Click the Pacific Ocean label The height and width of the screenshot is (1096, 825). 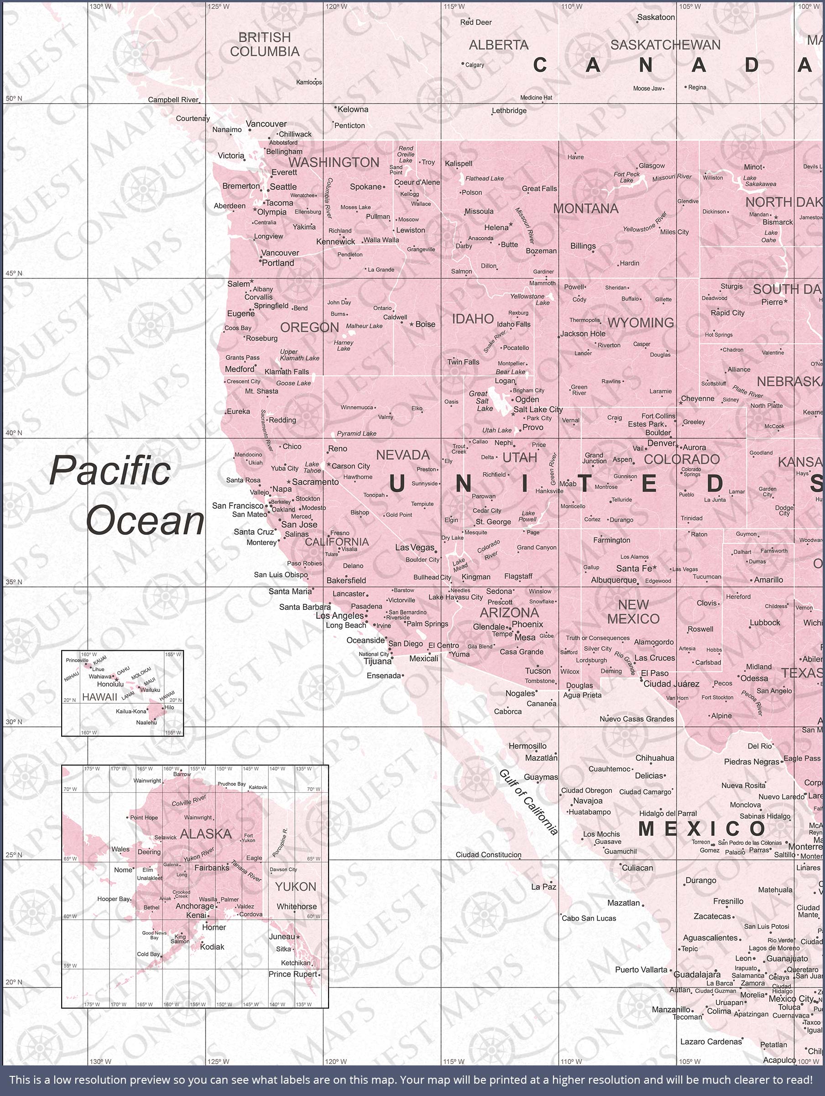[x=126, y=495]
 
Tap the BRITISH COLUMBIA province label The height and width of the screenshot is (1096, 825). [x=265, y=45]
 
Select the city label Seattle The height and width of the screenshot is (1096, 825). [x=283, y=187]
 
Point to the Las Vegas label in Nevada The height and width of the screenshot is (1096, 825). [x=414, y=548]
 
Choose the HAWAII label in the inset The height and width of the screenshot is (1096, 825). [x=99, y=696]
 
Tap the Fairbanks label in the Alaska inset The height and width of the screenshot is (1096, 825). [x=211, y=868]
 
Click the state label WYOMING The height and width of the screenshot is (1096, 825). [x=640, y=322]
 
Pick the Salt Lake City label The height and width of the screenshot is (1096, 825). [x=538, y=409]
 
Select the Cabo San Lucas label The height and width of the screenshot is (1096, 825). [x=589, y=918]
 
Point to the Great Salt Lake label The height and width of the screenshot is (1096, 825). [x=482, y=401]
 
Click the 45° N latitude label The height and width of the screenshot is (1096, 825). [x=14, y=274]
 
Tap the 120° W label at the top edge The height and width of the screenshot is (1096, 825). [x=336, y=6]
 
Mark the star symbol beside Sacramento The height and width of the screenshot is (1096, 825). [x=289, y=482]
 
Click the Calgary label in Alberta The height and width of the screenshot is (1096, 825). [x=475, y=65]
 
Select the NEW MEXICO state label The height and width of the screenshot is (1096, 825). [x=633, y=611]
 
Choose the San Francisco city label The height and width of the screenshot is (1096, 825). [x=238, y=506]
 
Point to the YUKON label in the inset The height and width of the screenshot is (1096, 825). [x=296, y=886]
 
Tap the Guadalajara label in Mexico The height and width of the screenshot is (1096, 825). [x=697, y=975]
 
